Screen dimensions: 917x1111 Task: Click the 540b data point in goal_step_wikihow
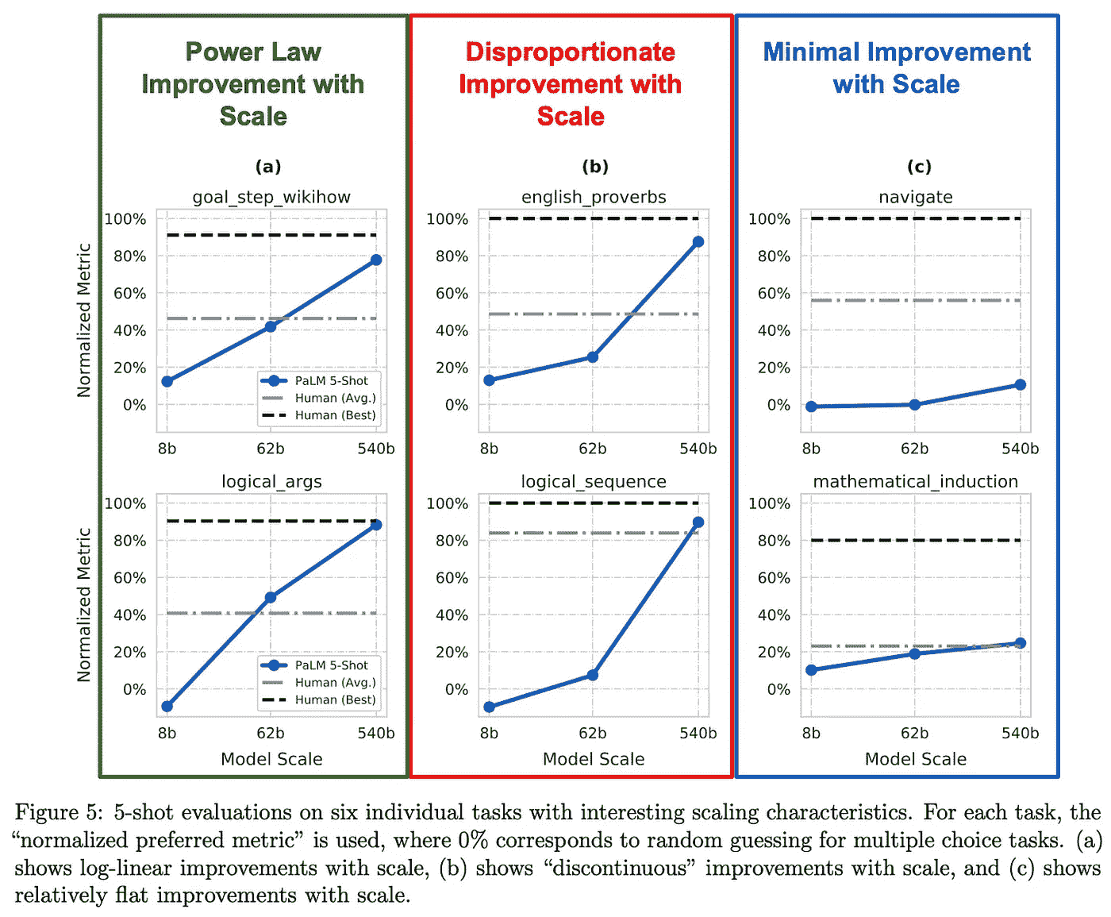point(376,260)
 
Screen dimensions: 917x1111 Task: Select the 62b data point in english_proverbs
point(592,357)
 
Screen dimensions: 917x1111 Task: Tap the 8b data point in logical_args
point(167,707)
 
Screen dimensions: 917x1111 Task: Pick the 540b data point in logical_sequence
point(698,522)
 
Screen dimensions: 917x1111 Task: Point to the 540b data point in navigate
point(1020,385)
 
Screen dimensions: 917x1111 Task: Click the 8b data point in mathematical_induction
point(811,670)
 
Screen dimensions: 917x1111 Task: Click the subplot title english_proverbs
point(594,197)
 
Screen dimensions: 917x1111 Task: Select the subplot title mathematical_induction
point(915,481)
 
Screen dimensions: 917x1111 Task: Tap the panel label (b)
point(594,167)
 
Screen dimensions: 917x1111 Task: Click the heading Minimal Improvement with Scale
point(897,67)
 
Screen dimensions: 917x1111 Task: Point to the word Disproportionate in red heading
point(570,52)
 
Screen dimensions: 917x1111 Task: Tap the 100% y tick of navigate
point(769,219)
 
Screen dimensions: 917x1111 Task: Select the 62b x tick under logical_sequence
point(592,733)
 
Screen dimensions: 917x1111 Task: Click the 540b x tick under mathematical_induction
point(1020,733)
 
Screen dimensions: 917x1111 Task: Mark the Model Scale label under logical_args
point(271,759)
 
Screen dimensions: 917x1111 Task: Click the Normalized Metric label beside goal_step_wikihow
point(84,320)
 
